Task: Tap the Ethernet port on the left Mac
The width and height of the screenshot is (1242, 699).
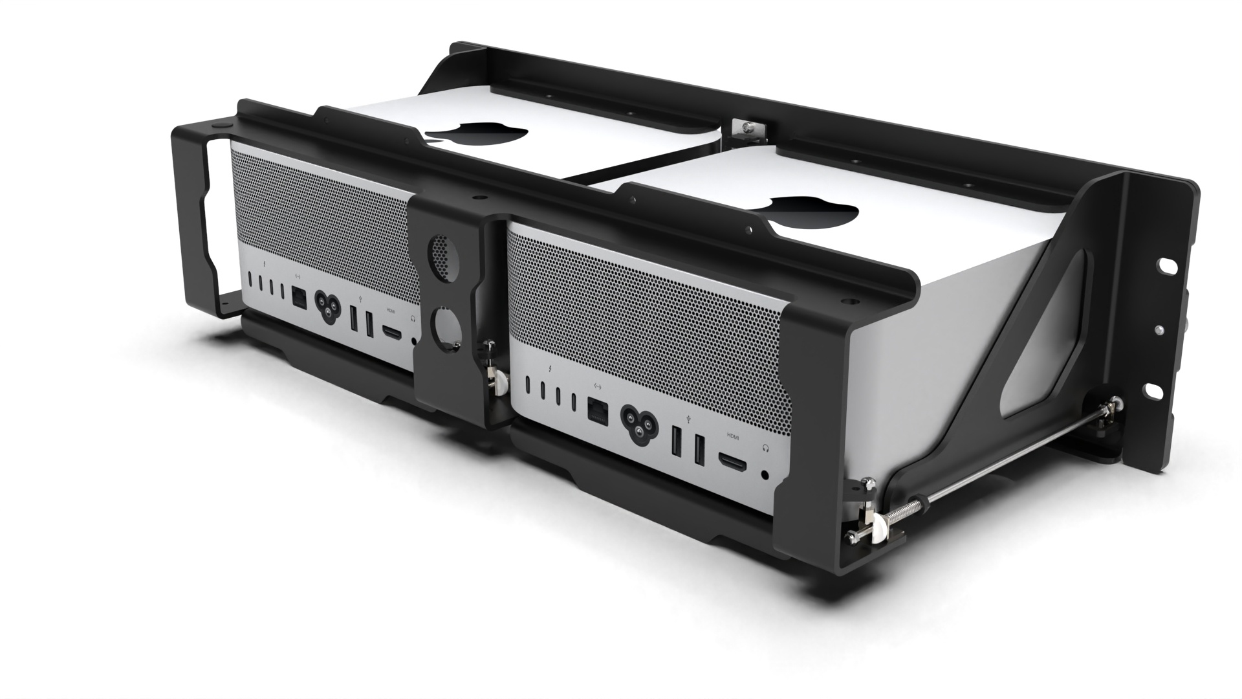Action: point(300,298)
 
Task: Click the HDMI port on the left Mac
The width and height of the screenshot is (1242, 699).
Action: point(391,332)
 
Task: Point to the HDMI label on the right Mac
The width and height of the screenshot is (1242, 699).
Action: point(732,436)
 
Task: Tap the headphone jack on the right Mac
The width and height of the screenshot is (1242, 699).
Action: point(766,474)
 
